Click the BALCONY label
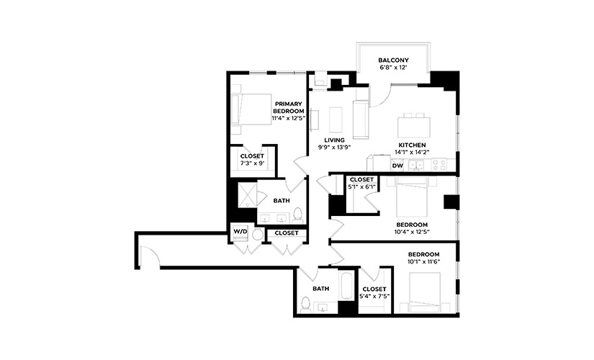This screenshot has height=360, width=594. [x=393, y=60]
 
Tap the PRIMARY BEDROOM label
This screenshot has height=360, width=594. [x=288, y=107]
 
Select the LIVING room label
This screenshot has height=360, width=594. [x=334, y=140]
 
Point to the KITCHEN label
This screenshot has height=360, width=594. [x=412, y=145]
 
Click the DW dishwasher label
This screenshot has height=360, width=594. [x=397, y=166]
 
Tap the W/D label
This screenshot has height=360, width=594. [x=240, y=231]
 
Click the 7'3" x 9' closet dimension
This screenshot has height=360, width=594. [x=252, y=163]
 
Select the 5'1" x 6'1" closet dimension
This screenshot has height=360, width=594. [x=361, y=186]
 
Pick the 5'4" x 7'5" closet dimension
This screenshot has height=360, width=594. [x=374, y=297]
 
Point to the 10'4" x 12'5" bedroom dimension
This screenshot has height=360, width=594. [x=412, y=232]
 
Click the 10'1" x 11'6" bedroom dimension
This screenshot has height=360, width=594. [x=424, y=261]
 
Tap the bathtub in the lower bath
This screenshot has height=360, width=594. [x=346, y=284]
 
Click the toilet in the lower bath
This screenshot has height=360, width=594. [x=305, y=305]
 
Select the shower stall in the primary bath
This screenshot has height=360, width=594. [x=248, y=196]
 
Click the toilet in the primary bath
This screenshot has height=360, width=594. [x=298, y=215]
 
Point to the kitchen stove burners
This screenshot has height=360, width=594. [x=439, y=165]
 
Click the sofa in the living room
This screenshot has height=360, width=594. [x=361, y=120]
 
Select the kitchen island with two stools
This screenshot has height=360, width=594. [x=414, y=125]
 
